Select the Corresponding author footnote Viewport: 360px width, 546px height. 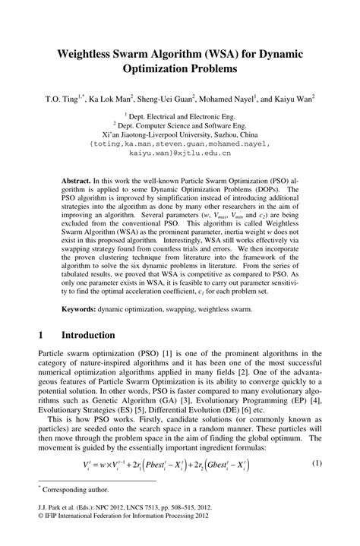(x=74, y=491)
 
